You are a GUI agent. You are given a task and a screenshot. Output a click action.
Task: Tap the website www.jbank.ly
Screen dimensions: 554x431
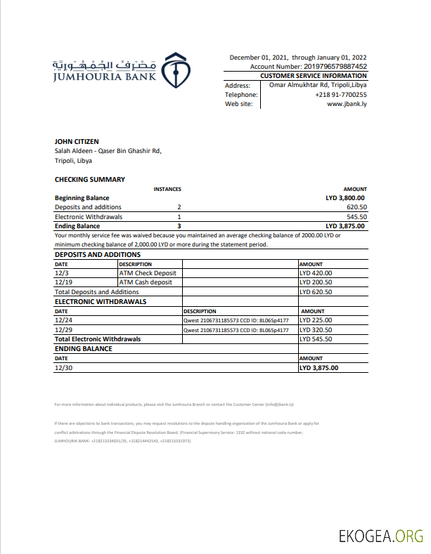[x=347, y=104]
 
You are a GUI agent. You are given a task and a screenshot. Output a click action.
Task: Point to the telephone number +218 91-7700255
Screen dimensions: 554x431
[x=341, y=95]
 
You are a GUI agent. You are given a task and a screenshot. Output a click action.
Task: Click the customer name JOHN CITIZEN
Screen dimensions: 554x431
[x=77, y=142]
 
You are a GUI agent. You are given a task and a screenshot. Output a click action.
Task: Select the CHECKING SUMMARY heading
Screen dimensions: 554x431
[x=90, y=179]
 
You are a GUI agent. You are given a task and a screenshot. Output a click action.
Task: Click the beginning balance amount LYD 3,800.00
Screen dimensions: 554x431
[x=346, y=198]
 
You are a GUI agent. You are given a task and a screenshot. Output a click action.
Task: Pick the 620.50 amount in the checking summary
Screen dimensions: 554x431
[x=356, y=207]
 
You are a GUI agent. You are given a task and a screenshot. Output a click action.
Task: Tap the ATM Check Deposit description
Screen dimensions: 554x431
[x=148, y=273]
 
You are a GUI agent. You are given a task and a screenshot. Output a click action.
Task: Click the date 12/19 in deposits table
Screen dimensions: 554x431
[x=63, y=282]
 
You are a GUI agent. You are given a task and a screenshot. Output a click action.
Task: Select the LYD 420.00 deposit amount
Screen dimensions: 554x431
[x=316, y=273]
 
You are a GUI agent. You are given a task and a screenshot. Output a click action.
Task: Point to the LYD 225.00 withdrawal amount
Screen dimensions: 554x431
[x=316, y=320]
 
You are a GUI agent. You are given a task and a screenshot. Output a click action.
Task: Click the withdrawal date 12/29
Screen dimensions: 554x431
[x=63, y=329]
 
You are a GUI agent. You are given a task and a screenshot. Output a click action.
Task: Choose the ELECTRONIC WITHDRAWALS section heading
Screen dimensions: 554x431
[x=101, y=301]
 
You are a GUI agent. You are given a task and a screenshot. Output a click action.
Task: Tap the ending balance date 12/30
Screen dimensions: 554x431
[x=63, y=367]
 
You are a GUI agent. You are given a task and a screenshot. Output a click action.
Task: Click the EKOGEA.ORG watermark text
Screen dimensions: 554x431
[x=380, y=537]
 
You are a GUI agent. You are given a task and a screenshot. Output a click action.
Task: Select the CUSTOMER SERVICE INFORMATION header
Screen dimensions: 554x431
[x=313, y=76]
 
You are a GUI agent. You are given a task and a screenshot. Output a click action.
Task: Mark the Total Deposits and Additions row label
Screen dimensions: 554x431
[x=96, y=291]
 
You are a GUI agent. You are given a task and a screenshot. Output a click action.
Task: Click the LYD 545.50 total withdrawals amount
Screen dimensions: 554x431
[x=316, y=338]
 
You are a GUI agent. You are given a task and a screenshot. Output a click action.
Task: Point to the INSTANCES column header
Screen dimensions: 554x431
[x=167, y=189]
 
